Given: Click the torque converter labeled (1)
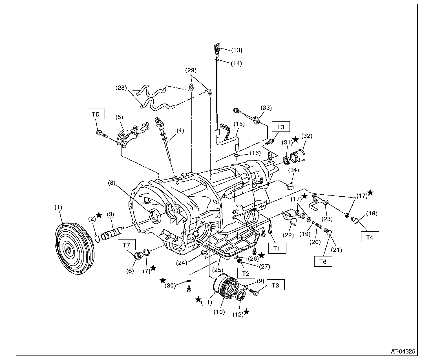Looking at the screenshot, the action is pos(74,249).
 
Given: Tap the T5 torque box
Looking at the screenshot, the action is pos(96,114).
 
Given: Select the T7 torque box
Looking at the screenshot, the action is pos(127,245).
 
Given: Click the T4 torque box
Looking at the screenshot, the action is pos(370,237).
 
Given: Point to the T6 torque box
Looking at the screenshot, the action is pos(323,261).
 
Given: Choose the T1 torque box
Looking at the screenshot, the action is pos(277,248).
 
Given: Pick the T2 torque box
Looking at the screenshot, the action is pos(246,273).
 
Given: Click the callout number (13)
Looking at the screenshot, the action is pos(237,50).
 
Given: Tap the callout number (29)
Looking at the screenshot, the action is pos(191,70).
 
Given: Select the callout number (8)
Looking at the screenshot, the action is pos(112,183).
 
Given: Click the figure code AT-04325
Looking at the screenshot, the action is pos(403,351).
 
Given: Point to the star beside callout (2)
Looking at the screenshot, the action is pos(99,215).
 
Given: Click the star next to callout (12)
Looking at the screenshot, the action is pos(246,312).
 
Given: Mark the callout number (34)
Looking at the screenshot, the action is pos(294,170).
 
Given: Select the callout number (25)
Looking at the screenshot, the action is pos(218,270).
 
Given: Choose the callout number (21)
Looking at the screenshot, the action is pos(336,250).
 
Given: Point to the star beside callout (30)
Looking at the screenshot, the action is pos(163,280).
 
